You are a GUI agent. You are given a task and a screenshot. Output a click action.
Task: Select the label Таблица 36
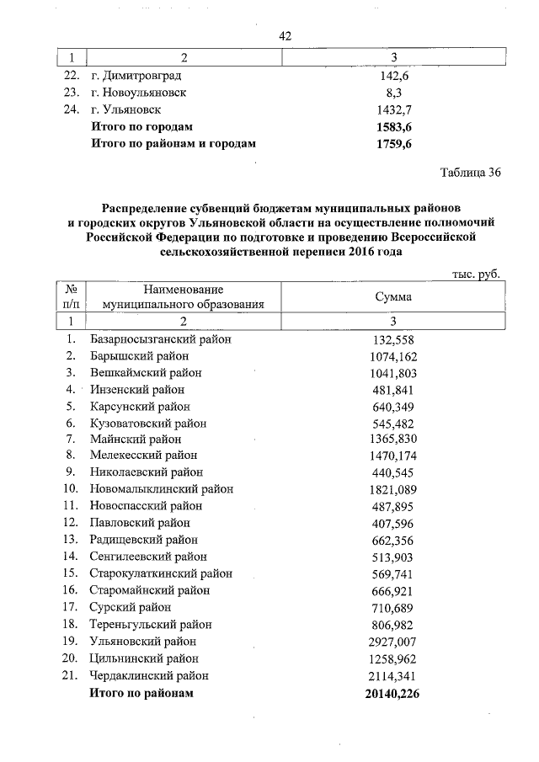coord(471,173)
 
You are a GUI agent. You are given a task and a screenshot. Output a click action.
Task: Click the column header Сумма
coord(393,296)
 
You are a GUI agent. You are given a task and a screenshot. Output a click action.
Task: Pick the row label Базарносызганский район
coord(160,338)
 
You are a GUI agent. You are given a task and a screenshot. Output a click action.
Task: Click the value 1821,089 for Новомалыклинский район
coord(394,489)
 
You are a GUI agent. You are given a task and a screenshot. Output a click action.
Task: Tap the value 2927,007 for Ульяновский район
coord(394,641)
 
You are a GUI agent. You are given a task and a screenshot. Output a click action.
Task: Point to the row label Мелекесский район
coord(143,456)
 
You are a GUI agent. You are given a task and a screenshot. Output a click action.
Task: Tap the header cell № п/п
coord(72,296)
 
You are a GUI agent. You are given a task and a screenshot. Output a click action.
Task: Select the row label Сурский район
coord(131,607)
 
